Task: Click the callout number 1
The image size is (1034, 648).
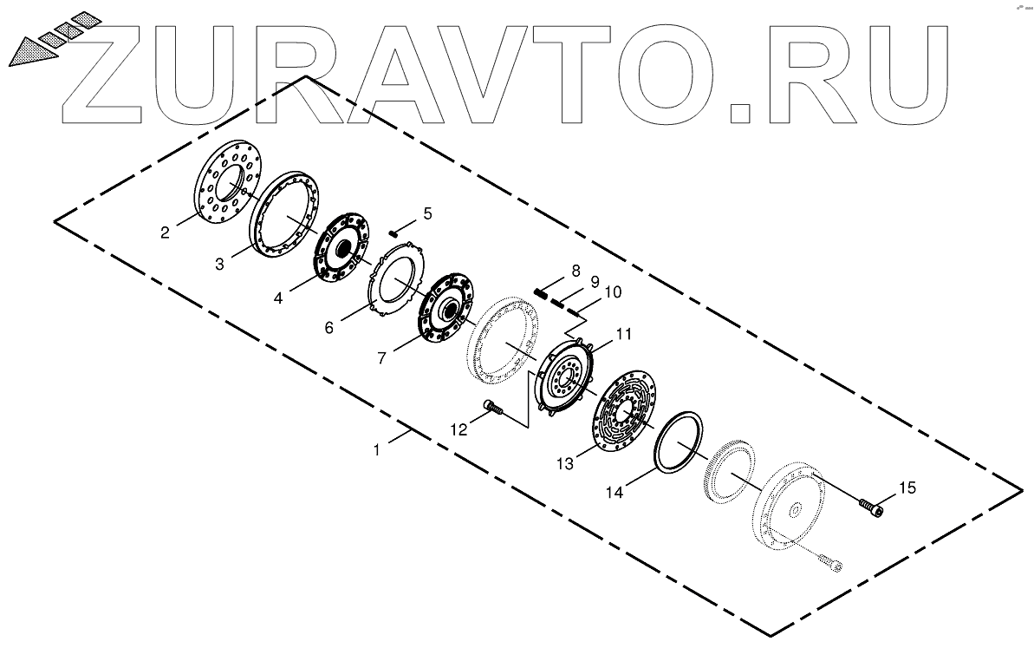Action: (x=376, y=449)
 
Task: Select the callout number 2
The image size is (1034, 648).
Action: (x=165, y=232)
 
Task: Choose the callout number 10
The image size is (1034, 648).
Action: (x=613, y=292)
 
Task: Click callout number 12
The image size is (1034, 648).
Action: (x=460, y=428)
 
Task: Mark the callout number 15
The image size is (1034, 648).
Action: (x=907, y=489)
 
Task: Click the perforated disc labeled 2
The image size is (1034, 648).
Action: (x=224, y=185)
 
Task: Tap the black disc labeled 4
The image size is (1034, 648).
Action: (x=340, y=250)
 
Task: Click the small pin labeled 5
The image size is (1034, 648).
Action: (x=393, y=232)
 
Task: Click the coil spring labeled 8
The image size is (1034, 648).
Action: (x=542, y=293)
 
